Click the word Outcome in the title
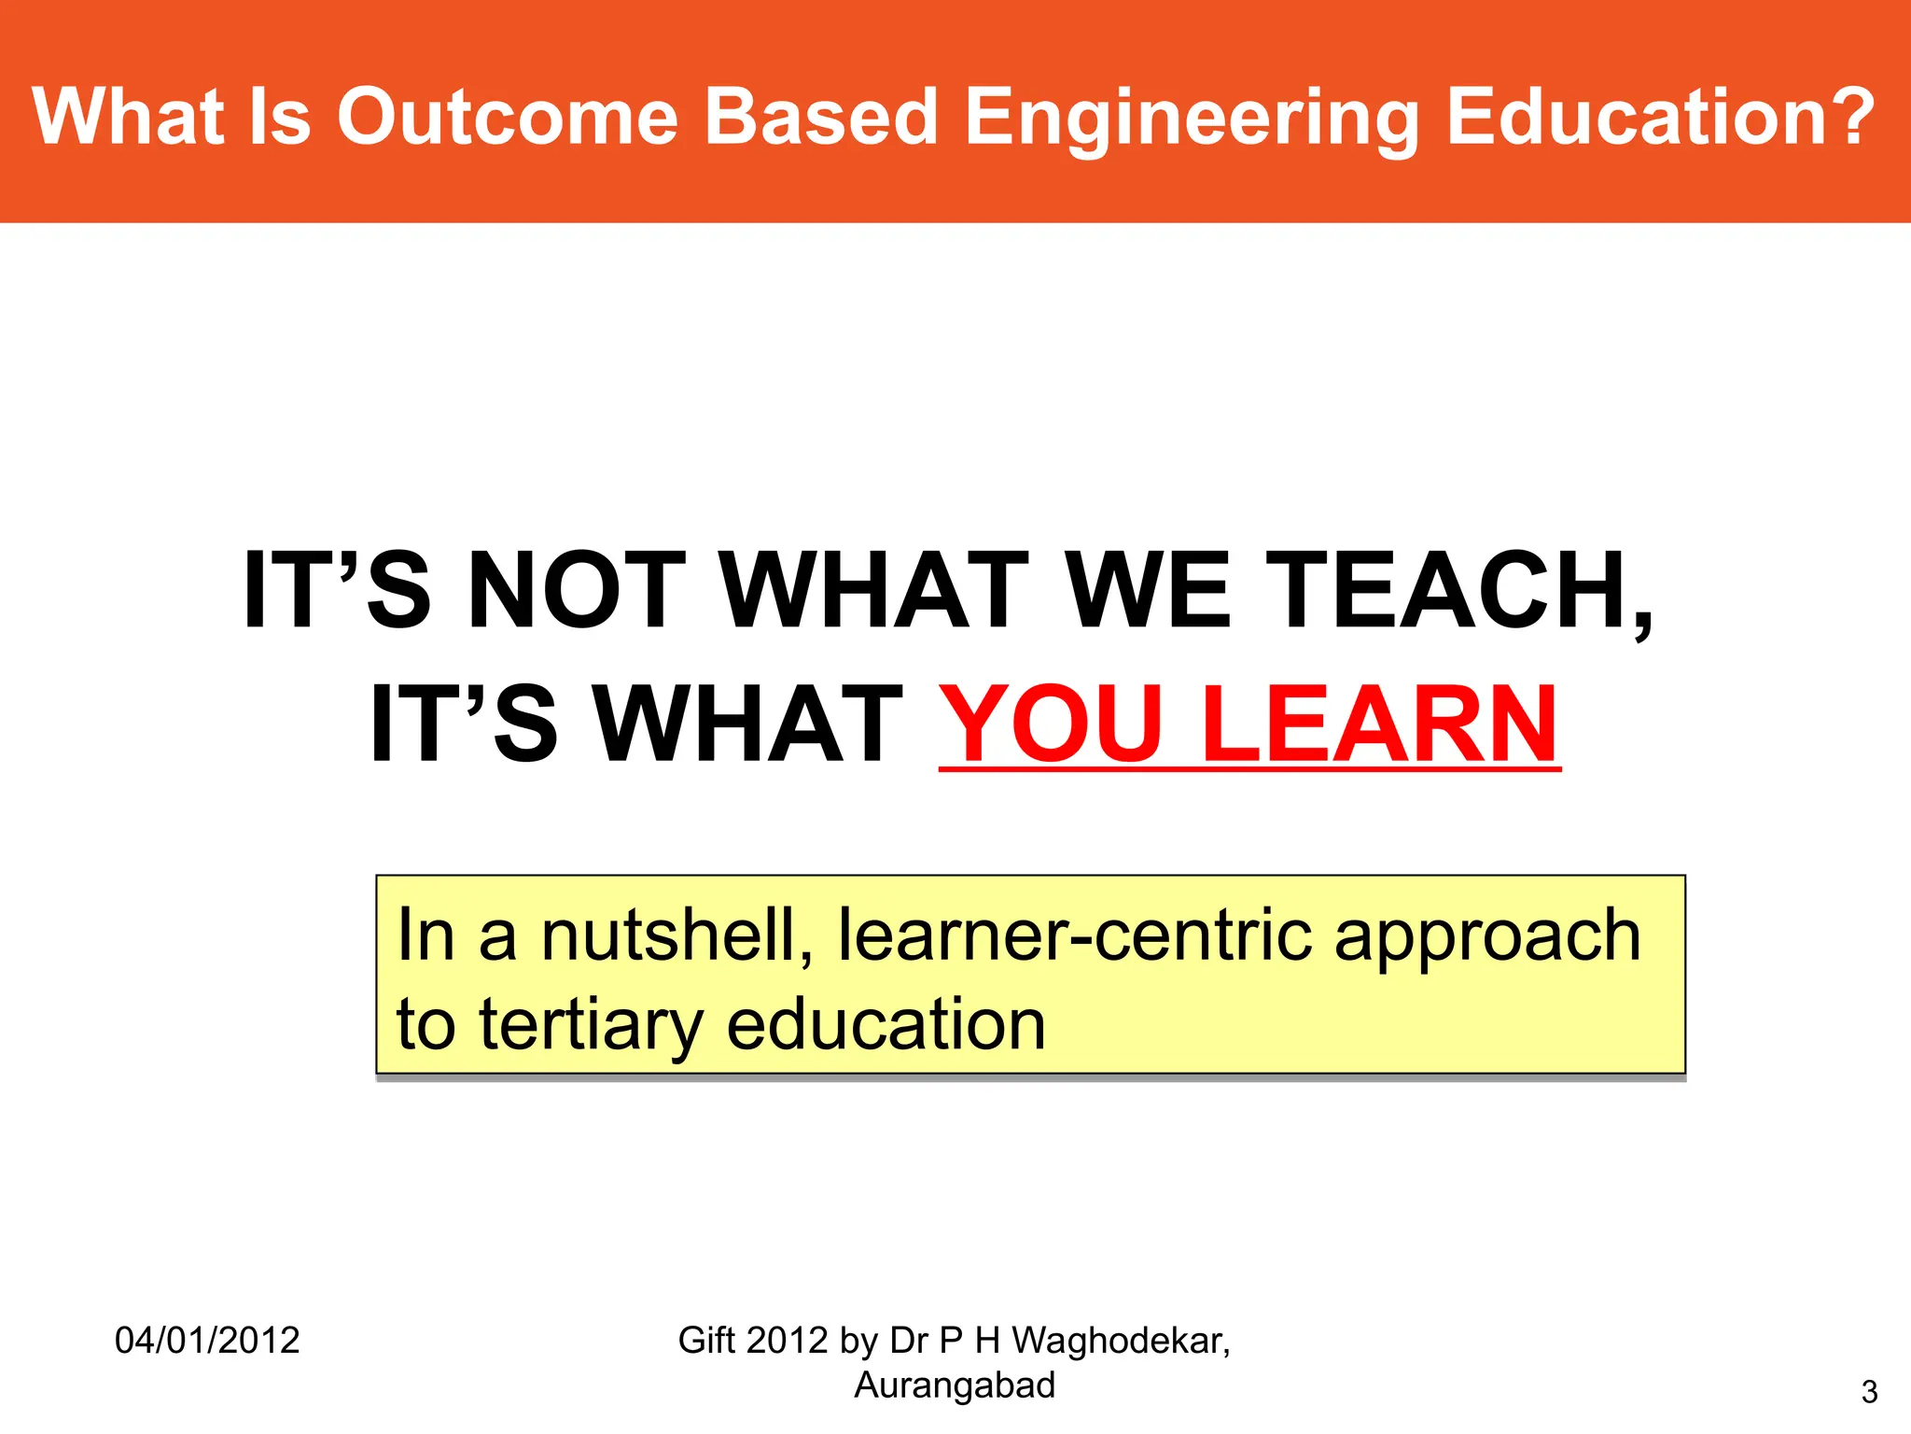tap(507, 117)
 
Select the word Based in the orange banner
tap(819, 117)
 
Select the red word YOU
tap(1051, 724)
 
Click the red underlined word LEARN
tap(1380, 724)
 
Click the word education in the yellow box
tap(886, 1024)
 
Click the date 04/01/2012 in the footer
tap(207, 1341)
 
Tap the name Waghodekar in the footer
tap(1121, 1342)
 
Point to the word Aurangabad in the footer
tap(955, 1385)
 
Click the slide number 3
tap(1869, 1392)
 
